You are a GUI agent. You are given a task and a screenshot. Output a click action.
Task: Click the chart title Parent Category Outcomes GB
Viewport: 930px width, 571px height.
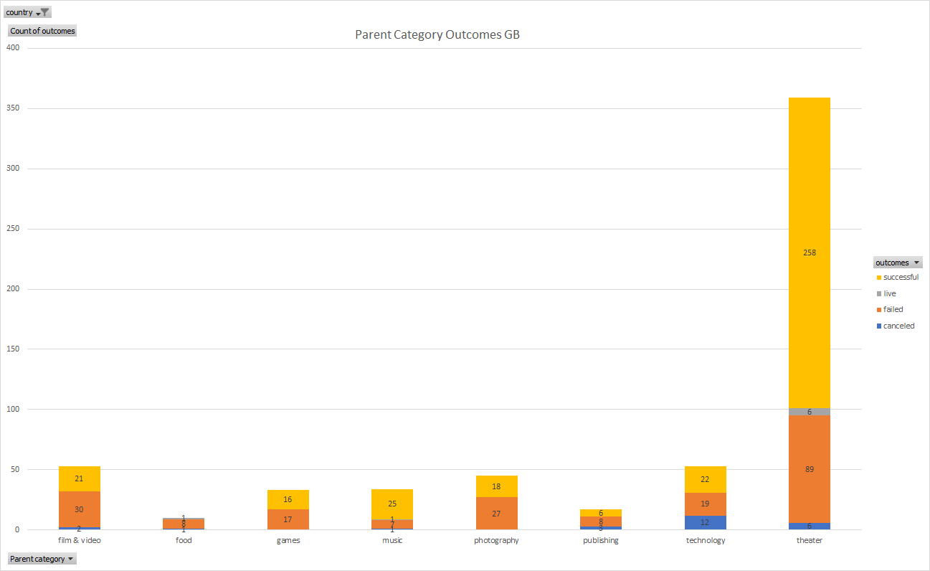point(437,34)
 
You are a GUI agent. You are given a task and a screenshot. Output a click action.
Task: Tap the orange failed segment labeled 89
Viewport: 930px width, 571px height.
point(810,469)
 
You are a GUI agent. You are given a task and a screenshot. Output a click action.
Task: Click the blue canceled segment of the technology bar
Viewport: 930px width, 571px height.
point(705,522)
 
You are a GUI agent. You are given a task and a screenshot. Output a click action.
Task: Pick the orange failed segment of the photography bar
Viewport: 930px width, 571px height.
point(496,514)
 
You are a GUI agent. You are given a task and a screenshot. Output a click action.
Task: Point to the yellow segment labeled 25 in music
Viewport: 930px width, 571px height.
point(392,504)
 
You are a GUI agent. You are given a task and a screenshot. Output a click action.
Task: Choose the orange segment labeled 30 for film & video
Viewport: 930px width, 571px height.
point(79,509)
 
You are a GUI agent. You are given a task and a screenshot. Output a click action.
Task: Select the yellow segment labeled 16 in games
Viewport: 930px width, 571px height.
point(288,499)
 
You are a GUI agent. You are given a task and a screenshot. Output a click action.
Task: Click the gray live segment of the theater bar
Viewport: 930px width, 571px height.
point(810,412)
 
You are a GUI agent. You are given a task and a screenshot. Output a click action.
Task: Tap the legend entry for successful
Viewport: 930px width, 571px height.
point(900,278)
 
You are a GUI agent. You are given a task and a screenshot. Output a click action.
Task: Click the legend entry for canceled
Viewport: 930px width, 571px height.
point(898,326)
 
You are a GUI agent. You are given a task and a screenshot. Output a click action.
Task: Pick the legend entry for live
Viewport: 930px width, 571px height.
point(889,293)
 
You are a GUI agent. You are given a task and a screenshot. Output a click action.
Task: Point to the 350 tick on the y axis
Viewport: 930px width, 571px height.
point(12,108)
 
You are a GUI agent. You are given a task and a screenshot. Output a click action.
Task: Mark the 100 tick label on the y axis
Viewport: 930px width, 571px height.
point(12,409)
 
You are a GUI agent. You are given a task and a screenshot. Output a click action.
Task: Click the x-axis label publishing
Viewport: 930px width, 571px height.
point(600,540)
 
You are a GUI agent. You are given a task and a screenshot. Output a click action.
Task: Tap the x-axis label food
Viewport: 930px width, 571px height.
point(184,540)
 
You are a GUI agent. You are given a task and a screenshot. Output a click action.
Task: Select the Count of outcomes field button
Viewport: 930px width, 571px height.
point(42,31)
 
